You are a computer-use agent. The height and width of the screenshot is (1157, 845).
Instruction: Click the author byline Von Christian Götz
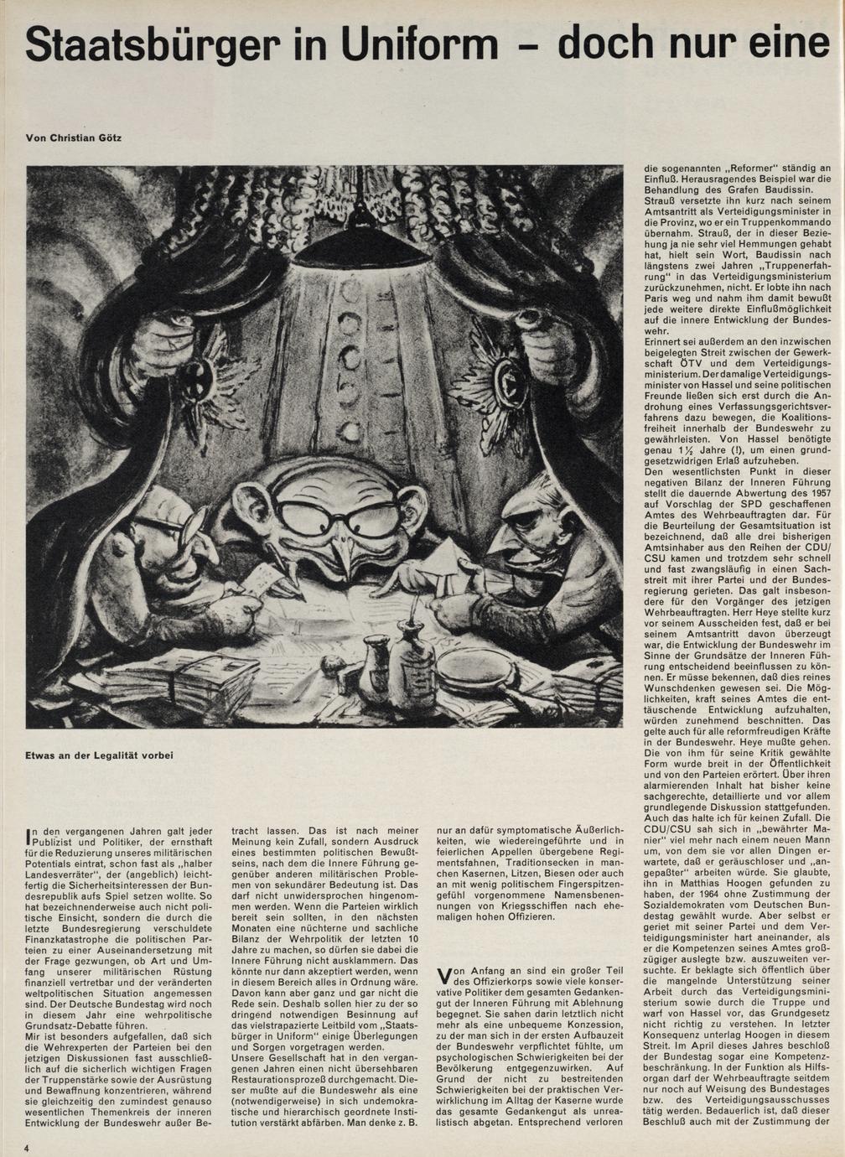(x=74, y=137)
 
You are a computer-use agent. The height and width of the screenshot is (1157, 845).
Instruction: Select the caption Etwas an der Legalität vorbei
(x=99, y=755)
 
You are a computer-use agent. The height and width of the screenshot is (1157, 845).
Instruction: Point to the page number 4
(x=28, y=1147)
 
